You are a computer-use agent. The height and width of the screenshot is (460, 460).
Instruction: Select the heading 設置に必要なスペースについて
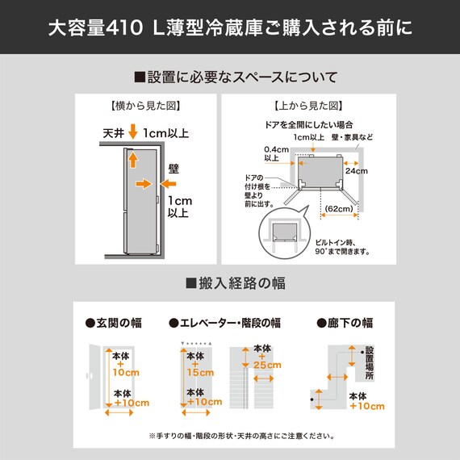tap(235, 77)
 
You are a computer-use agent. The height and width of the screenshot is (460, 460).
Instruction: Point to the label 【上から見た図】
tap(307, 106)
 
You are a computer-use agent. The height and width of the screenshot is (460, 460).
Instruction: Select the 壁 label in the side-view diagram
tap(173, 169)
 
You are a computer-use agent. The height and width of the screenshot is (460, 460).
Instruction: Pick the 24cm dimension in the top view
tap(356, 171)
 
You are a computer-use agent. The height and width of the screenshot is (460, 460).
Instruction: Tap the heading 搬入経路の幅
tap(235, 283)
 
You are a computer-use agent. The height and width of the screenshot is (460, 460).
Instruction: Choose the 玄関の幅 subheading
tap(114, 323)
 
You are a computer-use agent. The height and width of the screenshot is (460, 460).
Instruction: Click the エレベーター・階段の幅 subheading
tap(224, 323)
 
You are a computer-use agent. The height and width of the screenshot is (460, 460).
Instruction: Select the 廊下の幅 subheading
tap(345, 323)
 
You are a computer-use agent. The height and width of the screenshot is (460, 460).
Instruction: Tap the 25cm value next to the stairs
tap(266, 366)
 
